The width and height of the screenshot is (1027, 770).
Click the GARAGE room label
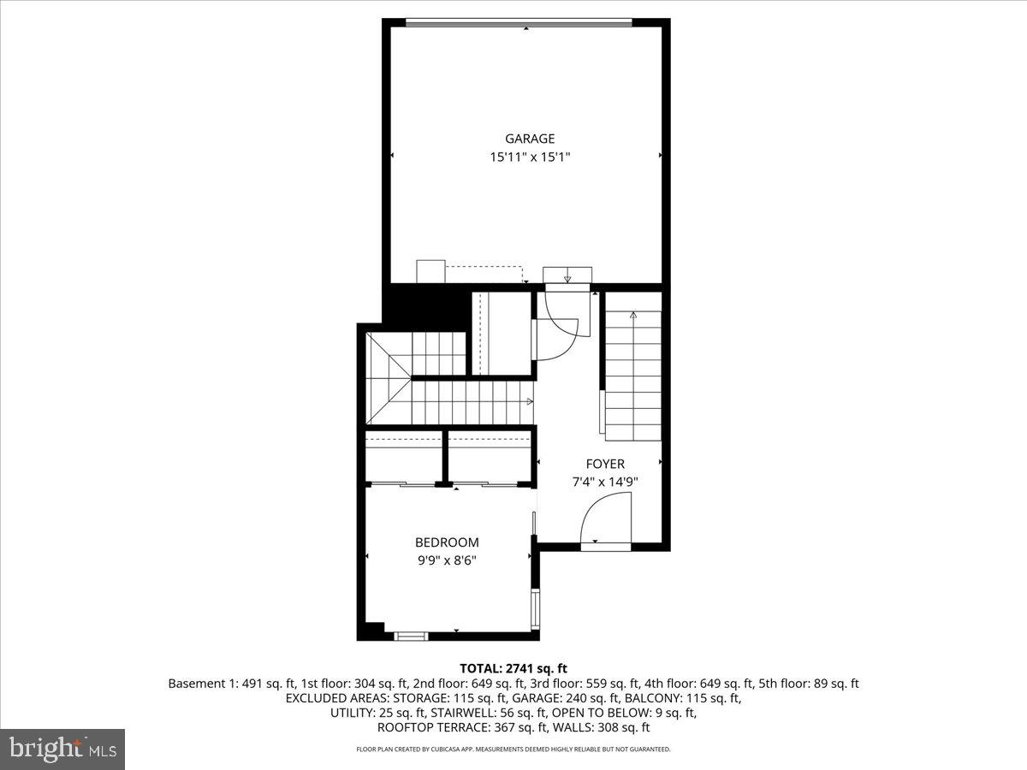[529, 139]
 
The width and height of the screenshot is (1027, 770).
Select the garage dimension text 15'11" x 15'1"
[529, 157]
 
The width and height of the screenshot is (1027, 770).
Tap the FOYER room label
[604, 464]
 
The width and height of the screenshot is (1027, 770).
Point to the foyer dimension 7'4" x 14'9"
[604, 482]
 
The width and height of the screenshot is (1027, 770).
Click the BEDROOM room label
[447, 542]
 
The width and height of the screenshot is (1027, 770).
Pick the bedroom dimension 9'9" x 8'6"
[447, 561]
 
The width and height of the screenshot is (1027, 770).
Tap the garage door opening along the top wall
[519, 23]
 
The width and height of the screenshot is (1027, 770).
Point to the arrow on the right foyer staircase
[633, 317]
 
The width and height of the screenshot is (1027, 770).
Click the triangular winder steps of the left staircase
[389, 376]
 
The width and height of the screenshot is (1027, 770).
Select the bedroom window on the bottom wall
[411, 636]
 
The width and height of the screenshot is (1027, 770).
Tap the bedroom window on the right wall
[536, 607]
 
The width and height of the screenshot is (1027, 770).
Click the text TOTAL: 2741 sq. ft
[513, 668]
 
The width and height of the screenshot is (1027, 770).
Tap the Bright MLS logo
[62, 749]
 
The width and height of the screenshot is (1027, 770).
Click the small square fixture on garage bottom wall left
[429, 271]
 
